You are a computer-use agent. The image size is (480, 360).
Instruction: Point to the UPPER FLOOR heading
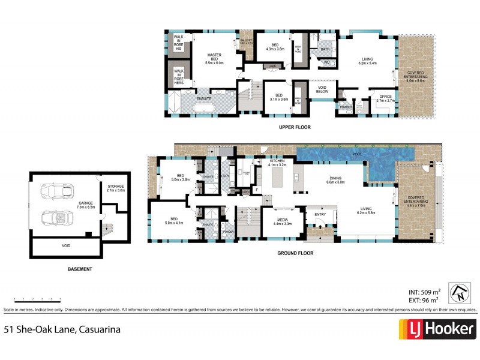(295, 127)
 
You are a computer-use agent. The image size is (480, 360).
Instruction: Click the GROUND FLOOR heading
(295, 253)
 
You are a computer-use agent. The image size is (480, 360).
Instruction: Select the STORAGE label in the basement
(116, 188)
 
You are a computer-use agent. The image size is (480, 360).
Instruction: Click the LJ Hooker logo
(437, 329)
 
